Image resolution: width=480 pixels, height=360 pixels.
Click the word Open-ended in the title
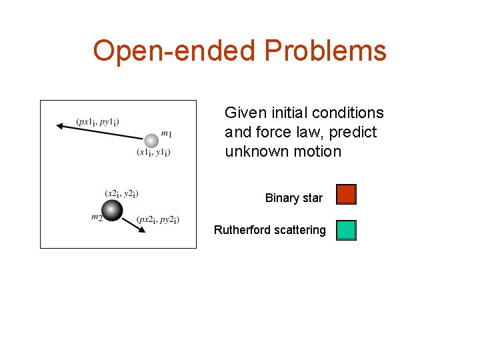pos(175,51)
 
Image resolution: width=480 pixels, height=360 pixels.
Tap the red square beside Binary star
pos(346,194)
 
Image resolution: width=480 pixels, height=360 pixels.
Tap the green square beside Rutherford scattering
pos(346,230)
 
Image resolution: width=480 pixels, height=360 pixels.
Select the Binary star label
pos(293,198)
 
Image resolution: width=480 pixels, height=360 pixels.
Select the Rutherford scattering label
pos(269,230)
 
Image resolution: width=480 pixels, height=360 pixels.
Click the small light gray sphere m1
pos(151,141)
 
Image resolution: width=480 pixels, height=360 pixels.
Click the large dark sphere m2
pos(113,210)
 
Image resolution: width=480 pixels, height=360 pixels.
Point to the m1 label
pos(166,134)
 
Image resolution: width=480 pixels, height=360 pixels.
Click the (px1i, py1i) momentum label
pos(97,121)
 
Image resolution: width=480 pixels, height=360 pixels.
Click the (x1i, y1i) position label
pos(153,153)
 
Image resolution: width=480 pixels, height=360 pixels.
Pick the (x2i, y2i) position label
pos(121,193)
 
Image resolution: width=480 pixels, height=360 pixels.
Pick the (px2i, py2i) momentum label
pos(157,219)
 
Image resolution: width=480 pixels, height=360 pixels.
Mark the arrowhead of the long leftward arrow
pos(60,125)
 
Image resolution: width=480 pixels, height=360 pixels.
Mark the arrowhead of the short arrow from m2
pos(142,230)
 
